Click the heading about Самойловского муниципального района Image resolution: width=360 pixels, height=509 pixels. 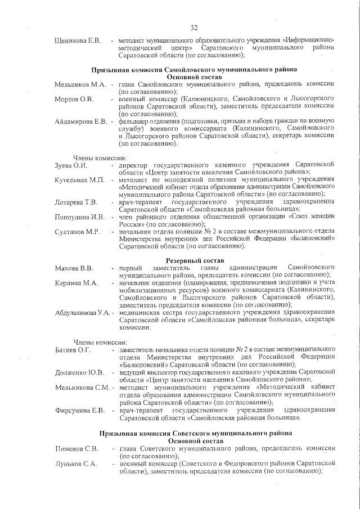tap(195, 69)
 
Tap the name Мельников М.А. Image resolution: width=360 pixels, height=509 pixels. tap(80, 84)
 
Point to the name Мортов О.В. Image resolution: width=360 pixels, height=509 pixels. tap(74, 98)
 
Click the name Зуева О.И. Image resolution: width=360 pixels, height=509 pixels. tap(71, 165)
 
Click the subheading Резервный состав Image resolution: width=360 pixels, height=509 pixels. tap(195, 260)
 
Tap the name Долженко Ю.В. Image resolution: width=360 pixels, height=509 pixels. tap(79, 372)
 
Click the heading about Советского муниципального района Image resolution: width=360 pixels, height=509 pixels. tap(195, 434)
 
